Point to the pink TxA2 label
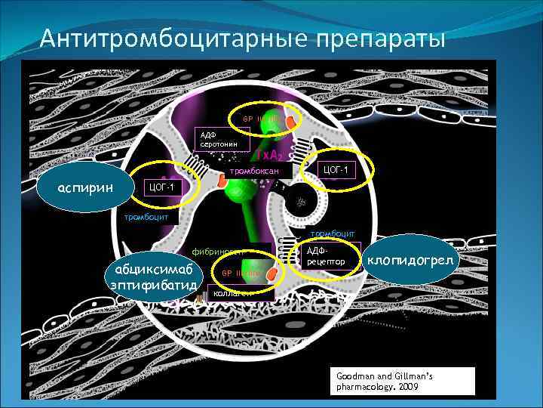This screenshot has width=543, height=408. coord(269,155)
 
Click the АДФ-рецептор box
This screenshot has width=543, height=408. coord(330,256)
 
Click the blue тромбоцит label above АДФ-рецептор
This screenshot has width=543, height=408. coord(328,234)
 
